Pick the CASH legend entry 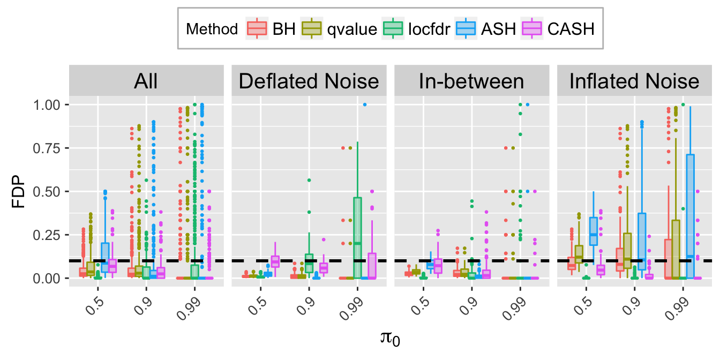(x=568, y=29)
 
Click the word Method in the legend (x=212, y=29)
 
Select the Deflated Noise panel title (x=309, y=82)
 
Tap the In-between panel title (x=471, y=82)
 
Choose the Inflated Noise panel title (x=634, y=82)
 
